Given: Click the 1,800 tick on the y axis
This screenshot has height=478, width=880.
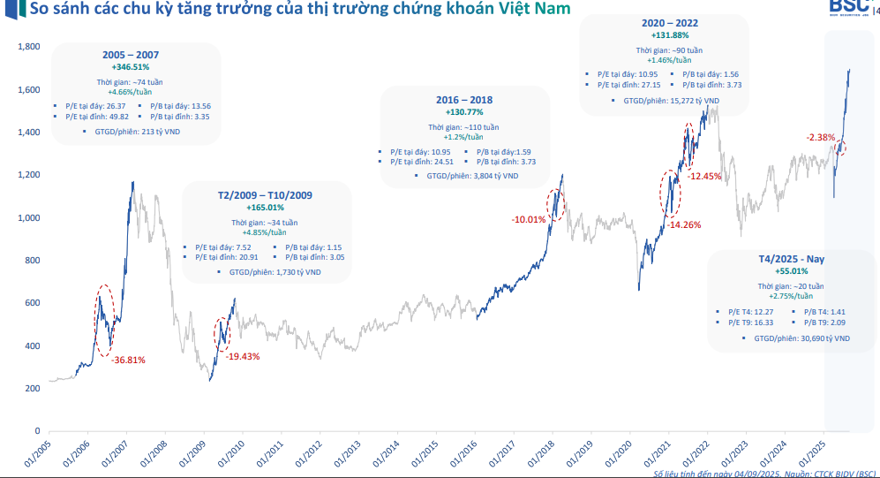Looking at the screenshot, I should (30, 47).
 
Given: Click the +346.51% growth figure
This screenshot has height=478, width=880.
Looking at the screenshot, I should (131, 66).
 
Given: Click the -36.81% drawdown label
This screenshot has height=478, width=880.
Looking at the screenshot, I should (128, 360).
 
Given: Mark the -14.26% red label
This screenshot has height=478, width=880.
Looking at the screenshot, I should (684, 224).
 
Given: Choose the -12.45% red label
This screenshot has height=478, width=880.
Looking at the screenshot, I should (705, 176).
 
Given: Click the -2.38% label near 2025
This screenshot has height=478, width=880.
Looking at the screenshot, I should (820, 137).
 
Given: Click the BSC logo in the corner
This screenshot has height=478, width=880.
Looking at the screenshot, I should (849, 7).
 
